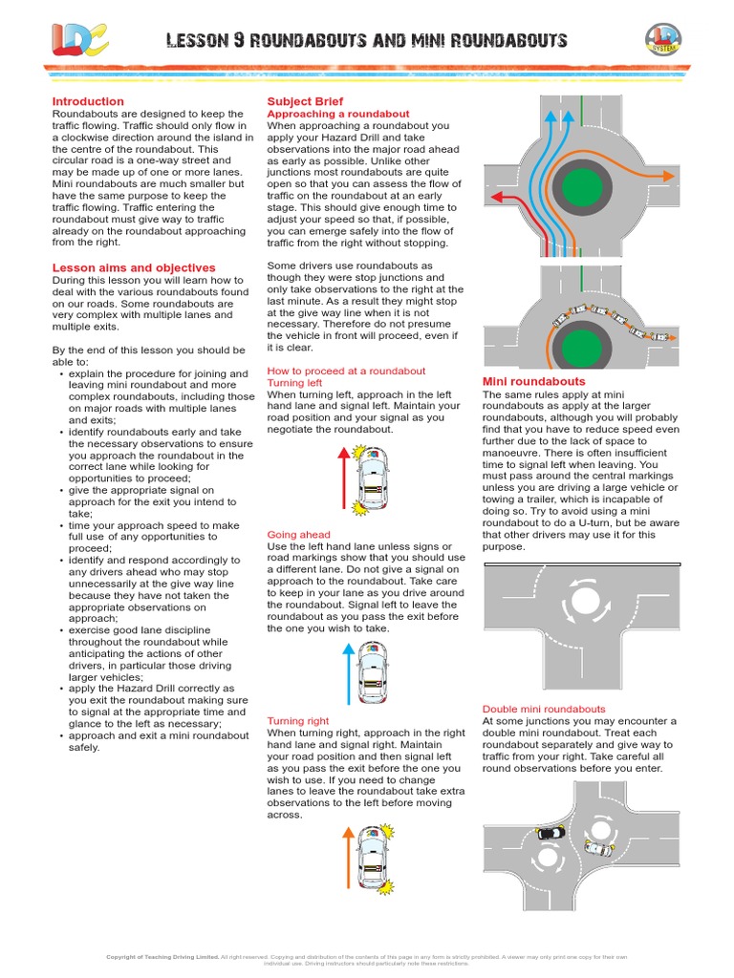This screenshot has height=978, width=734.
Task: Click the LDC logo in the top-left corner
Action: pyautogui.click(x=79, y=39)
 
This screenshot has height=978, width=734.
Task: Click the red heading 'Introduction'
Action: pyautogui.click(x=88, y=101)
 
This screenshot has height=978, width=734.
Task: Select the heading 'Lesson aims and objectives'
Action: pyautogui.click(x=133, y=267)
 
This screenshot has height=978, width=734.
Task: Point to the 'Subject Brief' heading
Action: pyautogui.click(x=305, y=101)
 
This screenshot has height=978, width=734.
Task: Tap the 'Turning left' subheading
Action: pyautogui.click(x=294, y=382)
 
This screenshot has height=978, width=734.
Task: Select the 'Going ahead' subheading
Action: pyautogui.click(x=298, y=535)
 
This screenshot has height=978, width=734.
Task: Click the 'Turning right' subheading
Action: pyautogui.click(x=298, y=721)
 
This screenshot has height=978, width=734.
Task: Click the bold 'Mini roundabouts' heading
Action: pyautogui.click(x=533, y=381)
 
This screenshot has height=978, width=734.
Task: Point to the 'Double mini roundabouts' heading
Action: pyautogui.click(x=544, y=709)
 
